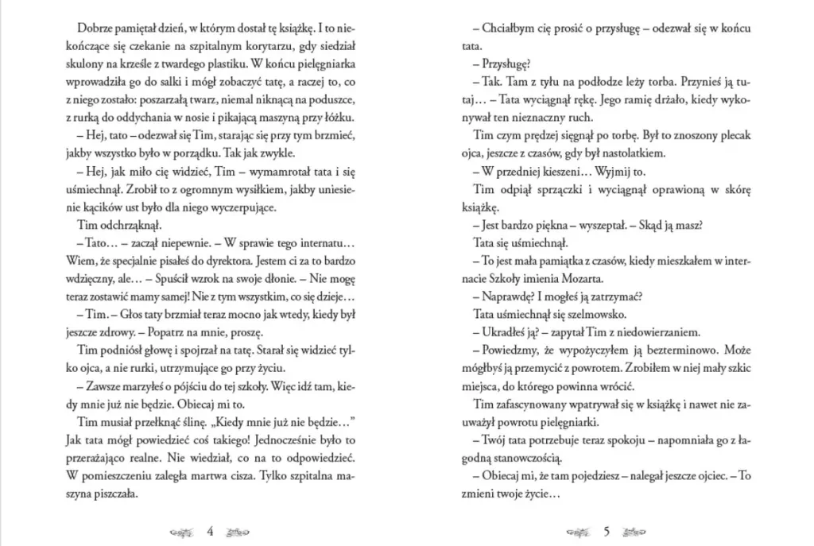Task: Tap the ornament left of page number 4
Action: (184, 532)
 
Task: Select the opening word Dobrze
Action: (100, 30)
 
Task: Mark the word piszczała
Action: (116, 493)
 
